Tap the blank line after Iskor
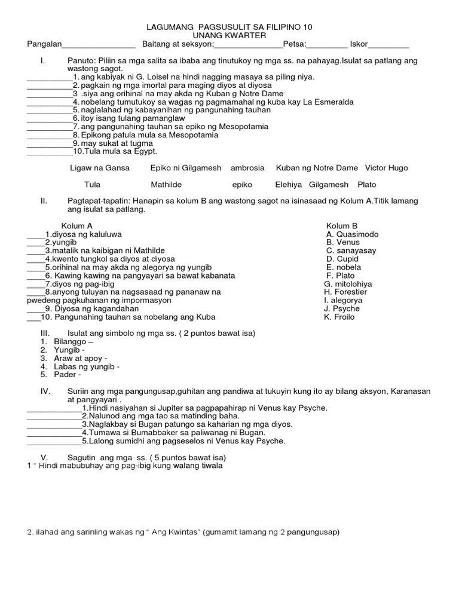389,45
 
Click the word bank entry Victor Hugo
386,169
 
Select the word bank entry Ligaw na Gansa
100,169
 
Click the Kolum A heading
77,226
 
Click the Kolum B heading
342,226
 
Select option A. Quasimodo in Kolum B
353,234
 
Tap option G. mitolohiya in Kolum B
348,284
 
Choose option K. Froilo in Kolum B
339,317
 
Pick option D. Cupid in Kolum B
342,259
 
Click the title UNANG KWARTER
229,36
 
